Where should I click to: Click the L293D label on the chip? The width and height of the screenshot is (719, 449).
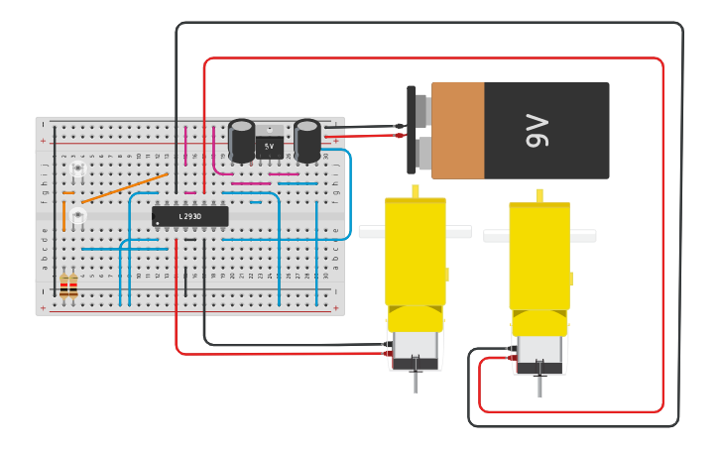coord(189,216)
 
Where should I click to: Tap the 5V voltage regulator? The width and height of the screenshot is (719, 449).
coord(269,147)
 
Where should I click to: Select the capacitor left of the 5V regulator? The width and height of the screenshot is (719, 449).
coord(242,141)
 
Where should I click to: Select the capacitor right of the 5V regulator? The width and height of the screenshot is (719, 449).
coord(307,141)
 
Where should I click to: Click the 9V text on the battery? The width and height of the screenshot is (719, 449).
coord(536,130)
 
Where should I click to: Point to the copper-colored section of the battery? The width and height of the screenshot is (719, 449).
coord(458,130)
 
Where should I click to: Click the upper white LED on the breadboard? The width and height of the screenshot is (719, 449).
coord(77,170)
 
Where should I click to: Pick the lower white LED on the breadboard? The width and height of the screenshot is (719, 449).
coord(77,215)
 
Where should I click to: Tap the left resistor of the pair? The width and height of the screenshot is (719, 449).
coord(64,287)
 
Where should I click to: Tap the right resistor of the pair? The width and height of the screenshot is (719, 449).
coord(73,287)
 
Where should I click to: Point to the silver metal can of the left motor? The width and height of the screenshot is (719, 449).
coord(416,347)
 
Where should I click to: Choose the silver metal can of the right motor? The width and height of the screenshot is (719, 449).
coord(539,351)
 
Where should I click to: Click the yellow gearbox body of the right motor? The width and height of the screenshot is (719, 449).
coord(539,258)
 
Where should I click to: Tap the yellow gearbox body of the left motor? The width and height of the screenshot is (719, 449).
coord(416,253)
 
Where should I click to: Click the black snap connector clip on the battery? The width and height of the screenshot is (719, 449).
coord(412,129)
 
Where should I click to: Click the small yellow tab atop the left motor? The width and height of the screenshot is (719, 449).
coord(416,190)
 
